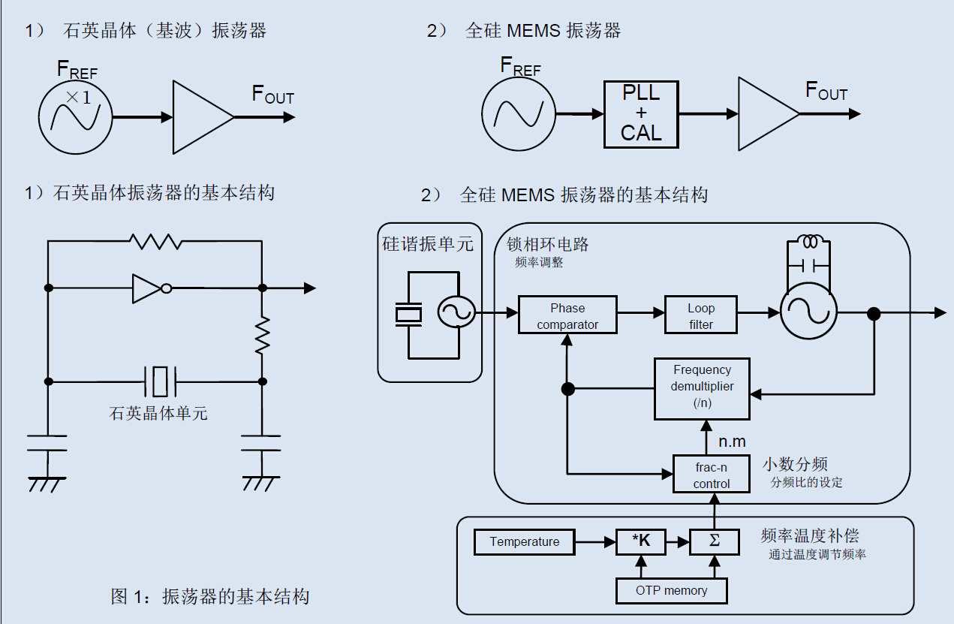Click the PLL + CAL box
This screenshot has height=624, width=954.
[x=641, y=114]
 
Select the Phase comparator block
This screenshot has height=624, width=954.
[x=567, y=315]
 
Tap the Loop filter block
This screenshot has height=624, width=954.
[x=700, y=315]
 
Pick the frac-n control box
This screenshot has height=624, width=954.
[x=711, y=474]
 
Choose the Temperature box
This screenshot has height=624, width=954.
[x=524, y=542]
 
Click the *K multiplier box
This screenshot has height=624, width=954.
[x=640, y=542]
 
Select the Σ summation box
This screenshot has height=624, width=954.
[x=714, y=542]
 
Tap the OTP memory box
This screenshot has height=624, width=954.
[x=671, y=590]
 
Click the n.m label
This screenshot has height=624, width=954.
[x=732, y=441]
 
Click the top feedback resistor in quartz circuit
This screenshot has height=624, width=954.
[x=155, y=241]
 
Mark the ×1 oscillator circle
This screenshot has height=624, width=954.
[x=75, y=116]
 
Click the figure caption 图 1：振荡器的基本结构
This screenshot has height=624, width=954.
[x=209, y=597]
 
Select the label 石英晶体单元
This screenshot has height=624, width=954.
[x=158, y=413]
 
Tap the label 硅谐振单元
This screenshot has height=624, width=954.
[x=428, y=244]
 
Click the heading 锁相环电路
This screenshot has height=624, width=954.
[x=548, y=244]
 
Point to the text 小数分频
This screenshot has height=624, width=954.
[x=795, y=464]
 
